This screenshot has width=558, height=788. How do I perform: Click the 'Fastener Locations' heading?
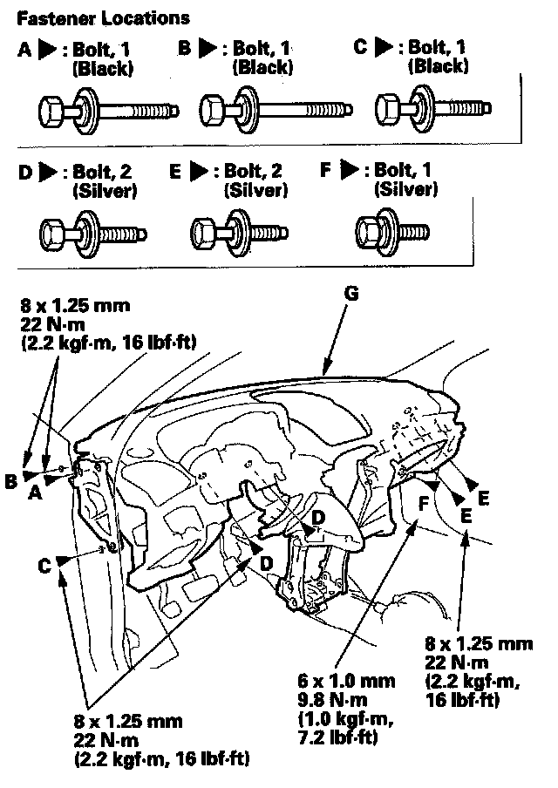click(103, 18)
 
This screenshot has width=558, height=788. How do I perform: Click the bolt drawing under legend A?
click(109, 111)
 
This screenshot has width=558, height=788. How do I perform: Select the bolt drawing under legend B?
click(276, 110)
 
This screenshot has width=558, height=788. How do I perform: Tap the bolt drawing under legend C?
click(432, 108)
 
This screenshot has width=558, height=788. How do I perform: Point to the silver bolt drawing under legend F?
click(392, 232)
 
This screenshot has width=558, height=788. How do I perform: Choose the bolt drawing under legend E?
click(239, 234)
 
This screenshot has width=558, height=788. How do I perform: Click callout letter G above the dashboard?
click(351, 293)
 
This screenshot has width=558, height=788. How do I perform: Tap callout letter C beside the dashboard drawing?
click(44, 567)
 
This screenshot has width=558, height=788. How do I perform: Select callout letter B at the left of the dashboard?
click(11, 481)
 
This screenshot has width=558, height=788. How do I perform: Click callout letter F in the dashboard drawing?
click(423, 504)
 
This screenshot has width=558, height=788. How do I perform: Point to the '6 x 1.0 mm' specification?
click(346, 681)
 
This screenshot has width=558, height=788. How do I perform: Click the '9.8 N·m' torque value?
click(332, 700)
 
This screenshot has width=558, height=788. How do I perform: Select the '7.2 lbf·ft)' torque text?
click(337, 737)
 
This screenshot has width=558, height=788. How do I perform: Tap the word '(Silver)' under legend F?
click(405, 189)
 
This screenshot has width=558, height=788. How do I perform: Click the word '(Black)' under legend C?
click(439, 66)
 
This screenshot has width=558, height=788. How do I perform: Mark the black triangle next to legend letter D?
click(48, 173)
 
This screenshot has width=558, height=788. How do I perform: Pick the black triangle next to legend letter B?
click(208, 48)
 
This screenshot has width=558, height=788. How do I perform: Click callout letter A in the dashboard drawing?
click(35, 493)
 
